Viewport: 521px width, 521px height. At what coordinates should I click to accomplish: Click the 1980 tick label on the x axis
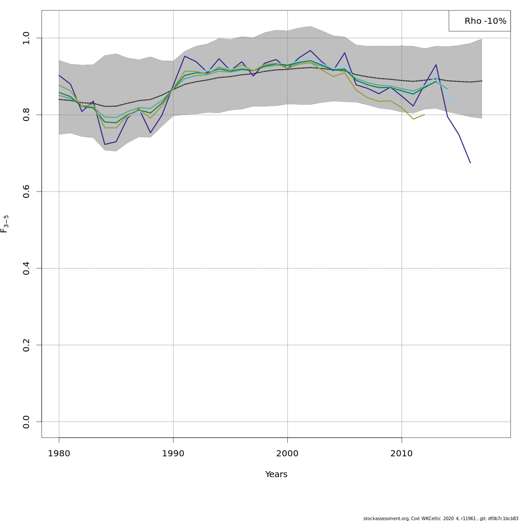(x=59, y=454)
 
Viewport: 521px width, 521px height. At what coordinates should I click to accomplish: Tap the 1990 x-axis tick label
(x=173, y=454)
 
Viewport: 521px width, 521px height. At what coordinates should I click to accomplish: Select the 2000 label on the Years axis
(x=287, y=454)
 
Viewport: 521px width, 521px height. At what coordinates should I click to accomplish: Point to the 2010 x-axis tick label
(x=402, y=454)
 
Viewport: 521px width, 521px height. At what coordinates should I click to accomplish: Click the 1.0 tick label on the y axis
(x=26, y=38)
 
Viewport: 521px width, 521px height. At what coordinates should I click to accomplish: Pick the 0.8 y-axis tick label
(x=26, y=115)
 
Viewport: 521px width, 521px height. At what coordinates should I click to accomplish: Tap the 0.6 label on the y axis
(x=26, y=191)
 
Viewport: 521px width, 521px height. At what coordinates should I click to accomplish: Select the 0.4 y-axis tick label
(x=26, y=268)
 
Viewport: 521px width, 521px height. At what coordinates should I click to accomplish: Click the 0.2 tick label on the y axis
(x=26, y=345)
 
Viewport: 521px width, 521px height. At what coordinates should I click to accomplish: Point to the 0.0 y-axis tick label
(x=26, y=422)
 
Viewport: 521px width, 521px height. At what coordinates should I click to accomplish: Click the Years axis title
(x=276, y=475)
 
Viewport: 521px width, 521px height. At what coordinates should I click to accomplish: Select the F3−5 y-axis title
(x=5, y=224)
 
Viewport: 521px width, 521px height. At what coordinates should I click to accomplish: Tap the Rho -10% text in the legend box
(x=485, y=21)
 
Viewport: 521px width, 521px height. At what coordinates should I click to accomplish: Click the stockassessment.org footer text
(x=441, y=518)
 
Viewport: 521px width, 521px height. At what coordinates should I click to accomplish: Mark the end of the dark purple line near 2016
(x=470, y=163)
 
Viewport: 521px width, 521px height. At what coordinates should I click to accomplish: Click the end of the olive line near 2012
(x=425, y=115)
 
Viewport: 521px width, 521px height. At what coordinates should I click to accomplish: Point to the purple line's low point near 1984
(x=105, y=144)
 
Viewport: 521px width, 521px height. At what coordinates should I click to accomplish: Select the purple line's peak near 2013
(x=436, y=65)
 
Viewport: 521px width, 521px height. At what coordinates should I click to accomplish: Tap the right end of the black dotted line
(x=481, y=81)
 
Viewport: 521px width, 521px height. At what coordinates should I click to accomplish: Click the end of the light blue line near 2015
(x=459, y=105)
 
